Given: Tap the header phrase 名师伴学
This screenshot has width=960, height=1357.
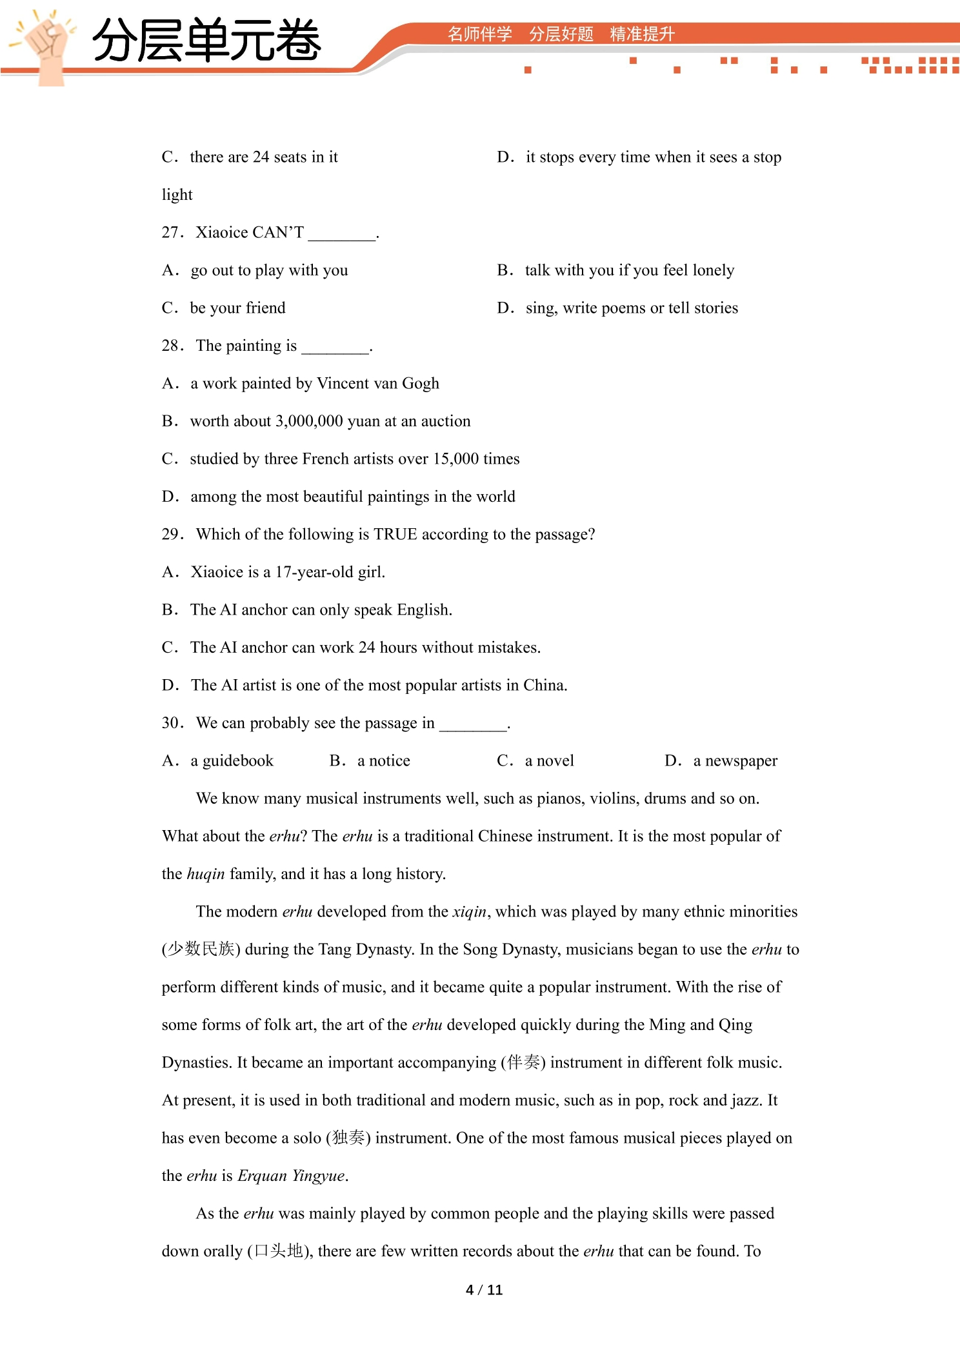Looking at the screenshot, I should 479,34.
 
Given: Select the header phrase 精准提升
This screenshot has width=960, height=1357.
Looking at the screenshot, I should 642,34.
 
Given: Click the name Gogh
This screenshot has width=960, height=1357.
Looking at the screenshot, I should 420,384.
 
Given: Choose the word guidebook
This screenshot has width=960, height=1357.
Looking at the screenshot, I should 238,761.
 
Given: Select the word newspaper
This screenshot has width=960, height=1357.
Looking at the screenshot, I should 741,761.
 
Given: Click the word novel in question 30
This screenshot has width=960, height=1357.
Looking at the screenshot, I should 555,761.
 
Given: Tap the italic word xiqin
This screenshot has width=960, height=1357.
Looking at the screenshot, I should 469,912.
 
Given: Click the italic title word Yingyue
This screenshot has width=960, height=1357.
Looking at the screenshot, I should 318,1176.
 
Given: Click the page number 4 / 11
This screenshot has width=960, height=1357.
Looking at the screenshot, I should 484,1290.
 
